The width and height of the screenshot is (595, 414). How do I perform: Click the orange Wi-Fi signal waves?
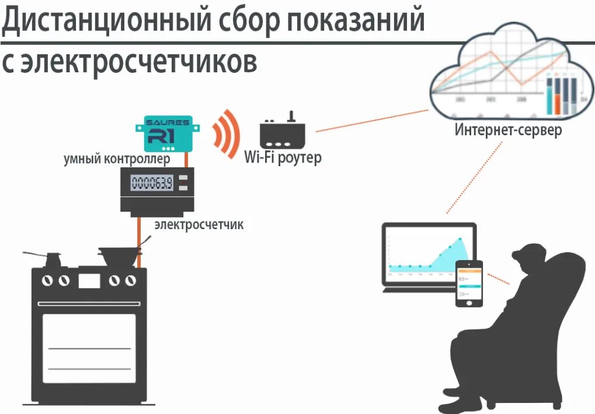(227, 133)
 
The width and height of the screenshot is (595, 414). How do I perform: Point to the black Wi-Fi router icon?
(282, 134)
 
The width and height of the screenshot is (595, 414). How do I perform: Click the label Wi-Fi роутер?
(282, 157)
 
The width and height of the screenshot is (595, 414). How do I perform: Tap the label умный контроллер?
(117, 159)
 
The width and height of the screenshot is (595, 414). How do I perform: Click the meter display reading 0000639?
(151, 184)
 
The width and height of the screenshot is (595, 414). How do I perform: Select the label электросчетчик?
(199, 224)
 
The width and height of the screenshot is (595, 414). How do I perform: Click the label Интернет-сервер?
(508, 129)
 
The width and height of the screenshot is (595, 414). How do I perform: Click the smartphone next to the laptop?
(469, 283)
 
